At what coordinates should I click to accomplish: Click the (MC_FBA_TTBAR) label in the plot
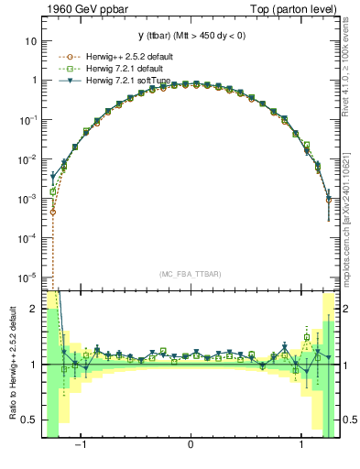(191, 273)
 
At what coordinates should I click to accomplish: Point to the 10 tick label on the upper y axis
(31, 41)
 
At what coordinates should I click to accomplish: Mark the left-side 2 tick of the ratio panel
(34, 310)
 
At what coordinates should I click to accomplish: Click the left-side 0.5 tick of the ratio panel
(30, 420)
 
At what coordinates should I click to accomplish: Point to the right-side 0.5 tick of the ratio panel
(350, 420)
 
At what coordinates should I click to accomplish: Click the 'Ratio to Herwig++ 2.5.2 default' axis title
(11, 365)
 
